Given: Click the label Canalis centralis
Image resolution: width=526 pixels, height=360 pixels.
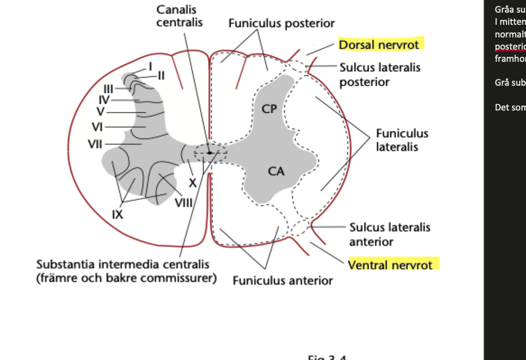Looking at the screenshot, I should coord(179,16).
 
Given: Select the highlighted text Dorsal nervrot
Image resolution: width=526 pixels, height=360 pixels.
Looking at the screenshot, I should coord(379,45).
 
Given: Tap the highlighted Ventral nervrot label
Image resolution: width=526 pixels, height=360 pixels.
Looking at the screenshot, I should coord(390,264).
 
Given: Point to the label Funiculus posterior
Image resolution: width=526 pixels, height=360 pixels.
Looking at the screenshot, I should coord(281,23).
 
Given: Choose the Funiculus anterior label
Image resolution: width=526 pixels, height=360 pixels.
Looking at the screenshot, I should coord(282,280).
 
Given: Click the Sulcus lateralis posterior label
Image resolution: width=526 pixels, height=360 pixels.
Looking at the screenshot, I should coord(380,75).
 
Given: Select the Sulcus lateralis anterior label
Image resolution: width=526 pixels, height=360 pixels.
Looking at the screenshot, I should coord(390,235).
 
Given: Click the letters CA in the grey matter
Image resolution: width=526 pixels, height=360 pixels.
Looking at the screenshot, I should coord(276,171).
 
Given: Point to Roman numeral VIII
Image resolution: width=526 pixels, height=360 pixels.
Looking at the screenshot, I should coord(184,202).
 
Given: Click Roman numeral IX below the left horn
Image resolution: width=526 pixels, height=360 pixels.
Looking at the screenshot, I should coord(117,214).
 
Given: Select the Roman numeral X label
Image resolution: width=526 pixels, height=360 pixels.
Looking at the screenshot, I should coord(193,183).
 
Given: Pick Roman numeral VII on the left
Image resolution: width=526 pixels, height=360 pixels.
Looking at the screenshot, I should coord(95,144).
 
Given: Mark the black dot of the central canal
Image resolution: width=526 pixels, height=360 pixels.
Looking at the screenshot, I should coord(209,153).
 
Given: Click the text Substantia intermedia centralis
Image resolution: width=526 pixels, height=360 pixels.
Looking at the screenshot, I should coord(123,264).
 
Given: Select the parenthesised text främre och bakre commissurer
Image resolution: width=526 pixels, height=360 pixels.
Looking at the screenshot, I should coord(126,278).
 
